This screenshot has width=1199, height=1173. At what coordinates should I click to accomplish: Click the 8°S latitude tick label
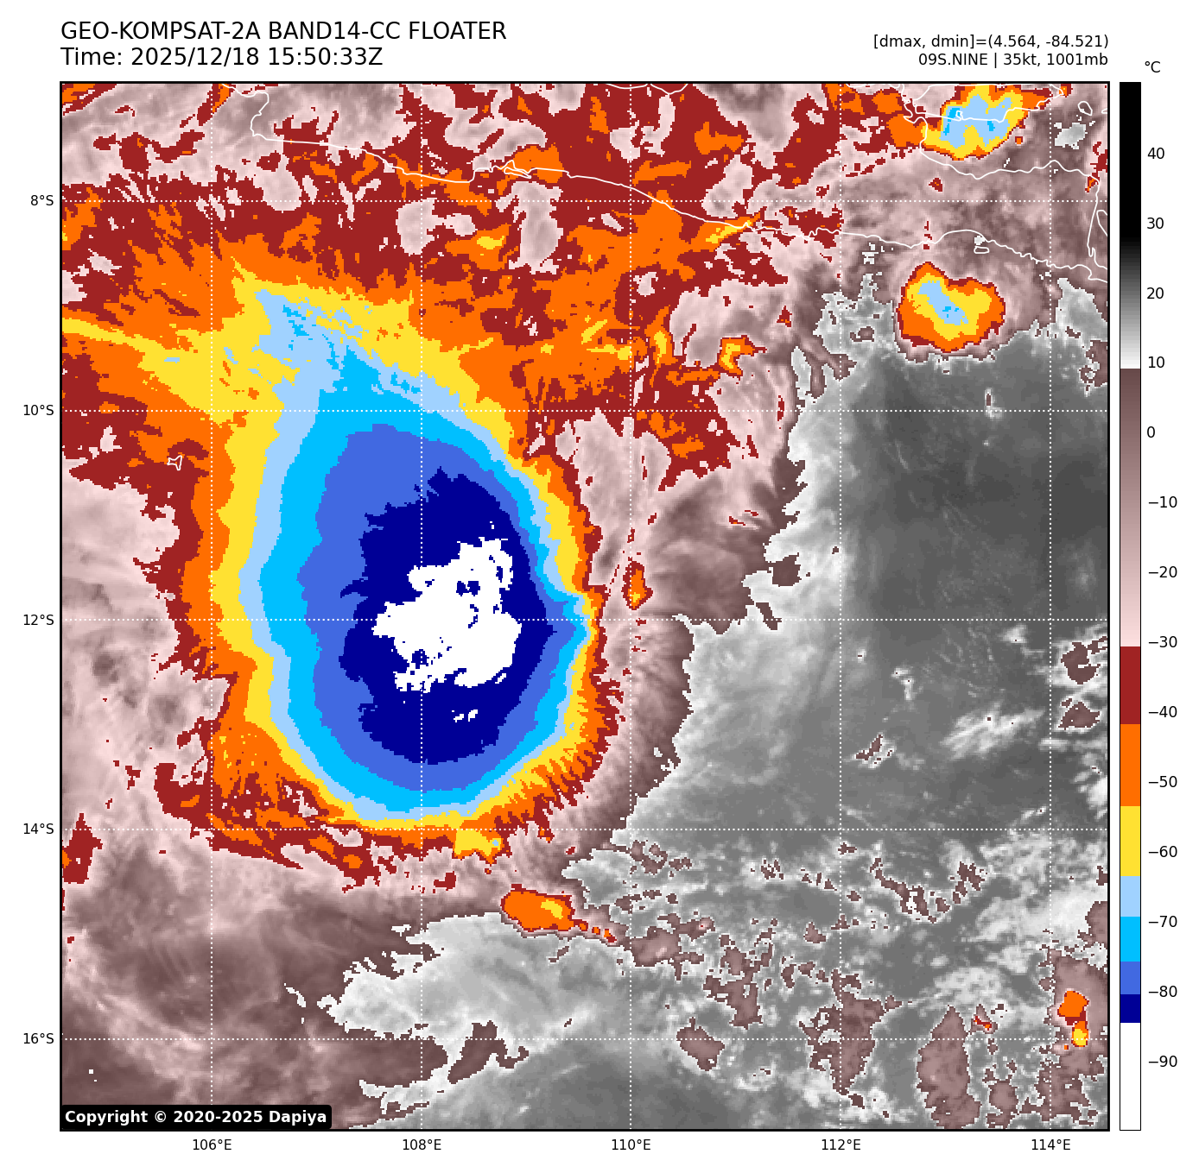pyautogui.click(x=41, y=201)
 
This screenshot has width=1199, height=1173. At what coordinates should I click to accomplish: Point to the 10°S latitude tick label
pyautogui.click(x=38, y=410)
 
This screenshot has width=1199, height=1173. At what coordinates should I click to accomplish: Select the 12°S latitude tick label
pyautogui.click(x=38, y=620)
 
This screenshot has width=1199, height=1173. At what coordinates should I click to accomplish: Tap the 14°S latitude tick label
pyautogui.click(x=38, y=829)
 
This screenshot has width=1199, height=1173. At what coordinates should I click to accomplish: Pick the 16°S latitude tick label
pyautogui.click(x=38, y=1038)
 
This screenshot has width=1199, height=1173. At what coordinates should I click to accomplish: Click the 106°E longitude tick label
pyautogui.click(x=212, y=1145)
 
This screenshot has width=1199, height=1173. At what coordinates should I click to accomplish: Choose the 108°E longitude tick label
pyautogui.click(x=422, y=1145)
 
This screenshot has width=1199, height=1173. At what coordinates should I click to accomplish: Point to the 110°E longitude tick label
pyautogui.click(x=631, y=1145)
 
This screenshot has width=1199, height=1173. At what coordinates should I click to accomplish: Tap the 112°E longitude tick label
pyautogui.click(x=841, y=1145)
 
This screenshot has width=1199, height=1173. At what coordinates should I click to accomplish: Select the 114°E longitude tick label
pyautogui.click(x=1050, y=1145)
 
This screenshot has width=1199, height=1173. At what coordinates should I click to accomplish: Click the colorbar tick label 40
pyautogui.click(x=1156, y=154)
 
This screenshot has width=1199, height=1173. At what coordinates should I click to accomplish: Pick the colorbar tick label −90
pyautogui.click(x=1162, y=1062)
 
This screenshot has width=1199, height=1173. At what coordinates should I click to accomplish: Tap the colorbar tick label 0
pyautogui.click(x=1151, y=432)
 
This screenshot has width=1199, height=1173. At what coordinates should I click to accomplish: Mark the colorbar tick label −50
pyautogui.click(x=1162, y=782)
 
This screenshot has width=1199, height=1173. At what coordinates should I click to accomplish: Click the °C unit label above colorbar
pyautogui.click(x=1152, y=67)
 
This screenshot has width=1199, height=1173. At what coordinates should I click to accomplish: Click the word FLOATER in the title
pyautogui.click(x=457, y=32)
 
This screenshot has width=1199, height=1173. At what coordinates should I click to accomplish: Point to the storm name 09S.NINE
pyautogui.click(x=953, y=60)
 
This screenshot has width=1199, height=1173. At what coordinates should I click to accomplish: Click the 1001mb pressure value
pyautogui.click(x=1076, y=60)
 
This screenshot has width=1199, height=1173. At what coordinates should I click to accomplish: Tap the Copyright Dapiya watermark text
pyautogui.click(x=196, y=1117)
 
